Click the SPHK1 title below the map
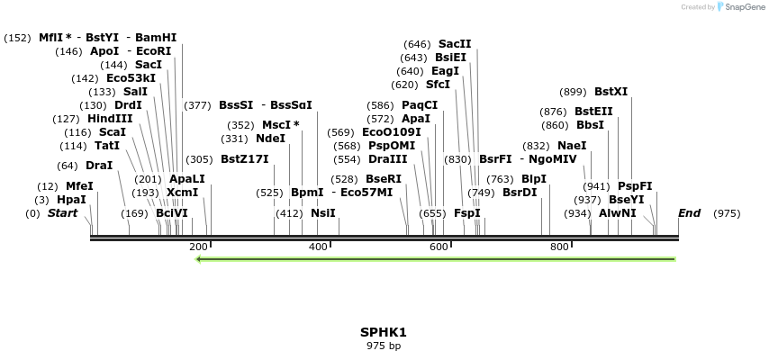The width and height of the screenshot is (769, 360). (384, 332)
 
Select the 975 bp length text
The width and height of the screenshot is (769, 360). (384, 346)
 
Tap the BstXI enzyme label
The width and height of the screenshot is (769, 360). (611, 92)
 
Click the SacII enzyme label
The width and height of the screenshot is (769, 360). (455, 44)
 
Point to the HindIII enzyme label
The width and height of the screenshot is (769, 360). (110, 119)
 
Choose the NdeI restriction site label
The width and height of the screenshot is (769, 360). (270, 139)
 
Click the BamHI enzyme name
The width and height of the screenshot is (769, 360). (156, 38)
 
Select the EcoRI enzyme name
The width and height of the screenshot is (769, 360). (153, 51)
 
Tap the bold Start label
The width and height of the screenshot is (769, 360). (62, 213)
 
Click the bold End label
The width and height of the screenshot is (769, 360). (689, 213)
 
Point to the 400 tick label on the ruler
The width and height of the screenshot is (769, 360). (318, 247)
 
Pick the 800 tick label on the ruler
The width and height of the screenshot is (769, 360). (559, 247)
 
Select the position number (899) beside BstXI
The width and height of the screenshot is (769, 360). (573, 92)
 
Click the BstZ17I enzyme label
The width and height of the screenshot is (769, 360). (245, 159)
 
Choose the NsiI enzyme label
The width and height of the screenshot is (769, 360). (322, 213)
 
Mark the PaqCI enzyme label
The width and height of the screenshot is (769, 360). (420, 105)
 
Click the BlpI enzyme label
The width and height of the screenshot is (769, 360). (534, 179)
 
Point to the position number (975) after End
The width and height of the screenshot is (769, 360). (727, 213)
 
